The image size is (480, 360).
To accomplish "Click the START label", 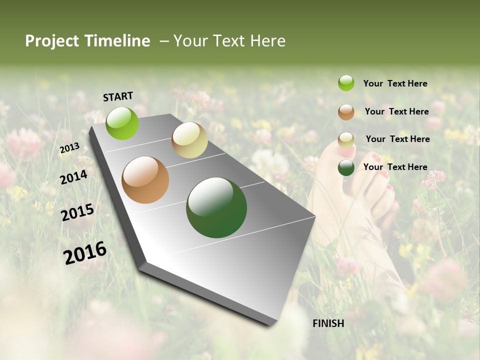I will tap(118, 96).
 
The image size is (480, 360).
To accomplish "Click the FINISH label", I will tap(328, 323).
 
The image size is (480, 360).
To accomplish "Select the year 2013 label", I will tap(69, 148).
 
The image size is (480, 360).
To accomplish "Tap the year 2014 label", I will tap(73, 177).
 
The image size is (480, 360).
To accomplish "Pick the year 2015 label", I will tap(77, 212).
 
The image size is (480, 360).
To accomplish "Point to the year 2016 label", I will tap(85, 252).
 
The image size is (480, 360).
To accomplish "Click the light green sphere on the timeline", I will tap(122, 123).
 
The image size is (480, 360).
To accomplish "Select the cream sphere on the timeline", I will tap(189, 140).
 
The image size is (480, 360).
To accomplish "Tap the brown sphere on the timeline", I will tap(145, 180).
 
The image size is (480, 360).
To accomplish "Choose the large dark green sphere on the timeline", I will tap(216, 207).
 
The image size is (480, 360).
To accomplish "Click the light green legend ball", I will tap(346, 83).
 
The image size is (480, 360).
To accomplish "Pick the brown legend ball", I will tap(346, 111).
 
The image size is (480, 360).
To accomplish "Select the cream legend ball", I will tap(346, 139).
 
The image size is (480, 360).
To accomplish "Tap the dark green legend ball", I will tap(346, 167).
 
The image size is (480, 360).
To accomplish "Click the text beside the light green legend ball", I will tap(395, 84).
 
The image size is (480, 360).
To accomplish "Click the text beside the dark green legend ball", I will tap(395, 167).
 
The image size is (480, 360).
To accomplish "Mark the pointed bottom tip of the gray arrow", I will tap(273, 324).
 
